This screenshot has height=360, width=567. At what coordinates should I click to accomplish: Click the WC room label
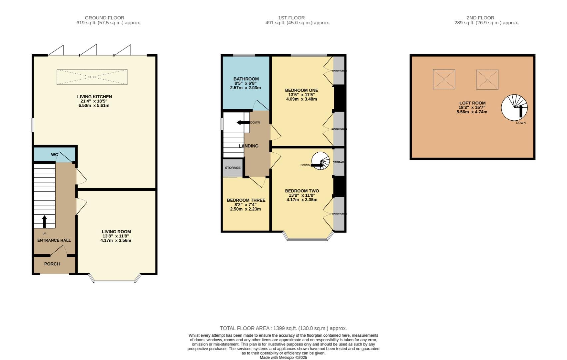54,155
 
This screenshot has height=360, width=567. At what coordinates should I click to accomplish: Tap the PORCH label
52,264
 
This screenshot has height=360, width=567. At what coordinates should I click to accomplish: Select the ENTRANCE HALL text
54,240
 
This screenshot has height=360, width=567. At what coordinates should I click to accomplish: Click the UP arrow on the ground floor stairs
44,222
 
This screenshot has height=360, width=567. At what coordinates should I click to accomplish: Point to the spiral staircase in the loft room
514,108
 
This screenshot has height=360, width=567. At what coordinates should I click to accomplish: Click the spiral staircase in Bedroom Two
320,161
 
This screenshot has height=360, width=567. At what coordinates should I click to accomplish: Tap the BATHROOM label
246,79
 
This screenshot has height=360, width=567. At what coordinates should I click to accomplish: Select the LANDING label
249,146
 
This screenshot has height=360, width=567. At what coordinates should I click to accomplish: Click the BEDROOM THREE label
246,200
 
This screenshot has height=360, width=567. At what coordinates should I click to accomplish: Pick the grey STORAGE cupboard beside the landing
233,167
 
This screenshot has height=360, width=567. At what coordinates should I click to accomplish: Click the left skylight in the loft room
444,79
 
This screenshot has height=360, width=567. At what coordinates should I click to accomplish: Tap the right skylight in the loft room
487,80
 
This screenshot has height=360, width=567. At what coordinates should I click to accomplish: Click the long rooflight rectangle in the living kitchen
92,77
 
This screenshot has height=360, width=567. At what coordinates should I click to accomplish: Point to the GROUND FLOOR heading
105,18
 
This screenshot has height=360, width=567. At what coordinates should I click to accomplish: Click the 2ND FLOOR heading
480,18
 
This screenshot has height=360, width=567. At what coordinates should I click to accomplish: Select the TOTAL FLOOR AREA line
283,328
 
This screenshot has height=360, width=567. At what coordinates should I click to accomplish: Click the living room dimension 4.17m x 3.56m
116,240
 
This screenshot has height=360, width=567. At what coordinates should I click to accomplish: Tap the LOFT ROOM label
472,103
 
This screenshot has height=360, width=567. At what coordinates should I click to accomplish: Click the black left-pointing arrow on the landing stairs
243,123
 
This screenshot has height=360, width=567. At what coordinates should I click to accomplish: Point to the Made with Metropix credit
283,357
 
